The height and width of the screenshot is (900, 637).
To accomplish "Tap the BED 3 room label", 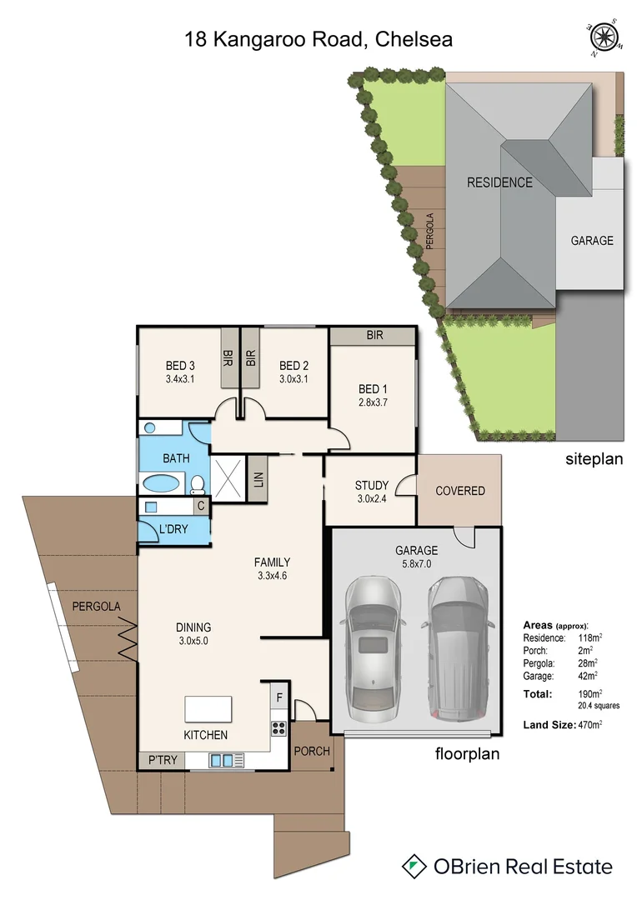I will tap(180, 366).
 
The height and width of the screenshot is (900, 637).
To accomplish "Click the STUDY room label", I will tap(372, 485).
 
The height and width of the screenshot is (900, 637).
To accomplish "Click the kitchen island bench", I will tap(207, 709).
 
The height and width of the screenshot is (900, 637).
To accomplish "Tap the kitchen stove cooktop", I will tap(278, 727).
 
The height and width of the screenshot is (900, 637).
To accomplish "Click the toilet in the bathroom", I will tap(198, 484).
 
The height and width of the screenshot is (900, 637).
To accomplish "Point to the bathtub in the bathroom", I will tap(160, 483).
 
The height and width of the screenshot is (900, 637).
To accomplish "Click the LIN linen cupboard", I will tap(257, 480).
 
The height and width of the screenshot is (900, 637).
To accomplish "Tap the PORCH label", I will tap(312, 751).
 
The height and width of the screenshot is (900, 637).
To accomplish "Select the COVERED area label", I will tap(460, 491).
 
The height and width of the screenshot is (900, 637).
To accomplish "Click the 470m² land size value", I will tap(589, 725).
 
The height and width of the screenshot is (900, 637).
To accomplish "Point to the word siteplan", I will tap(594, 459).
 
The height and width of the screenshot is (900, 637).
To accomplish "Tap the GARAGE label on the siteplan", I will tap(592, 240).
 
